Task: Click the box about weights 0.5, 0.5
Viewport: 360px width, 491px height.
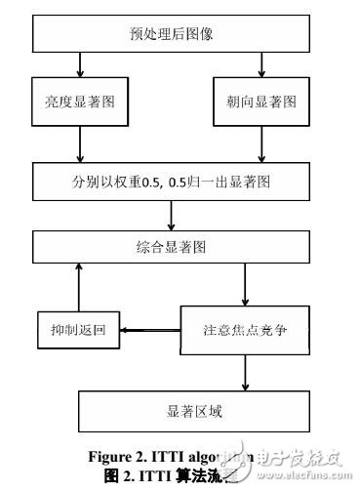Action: (x=171, y=182)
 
